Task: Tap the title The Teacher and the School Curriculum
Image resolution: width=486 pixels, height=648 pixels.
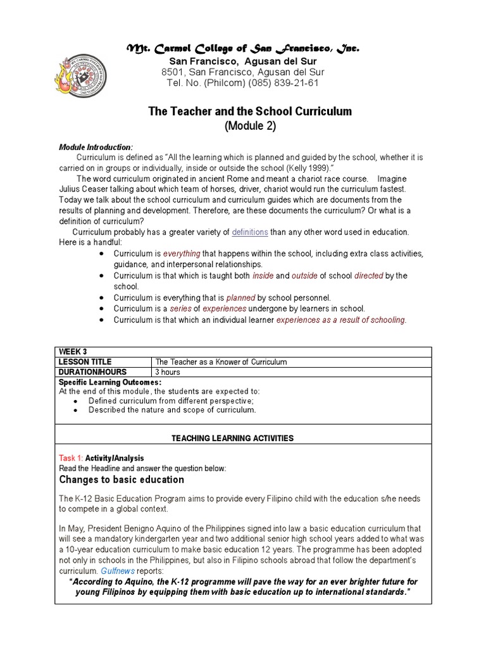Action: click(249, 111)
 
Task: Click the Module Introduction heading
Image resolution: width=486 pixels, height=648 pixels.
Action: click(96, 147)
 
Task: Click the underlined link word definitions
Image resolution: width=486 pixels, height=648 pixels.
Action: click(250, 232)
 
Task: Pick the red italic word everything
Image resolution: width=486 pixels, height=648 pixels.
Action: click(182, 254)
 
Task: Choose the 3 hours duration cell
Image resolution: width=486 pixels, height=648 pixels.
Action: click(168, 372)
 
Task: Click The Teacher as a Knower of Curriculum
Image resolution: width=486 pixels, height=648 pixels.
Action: click(221, 362)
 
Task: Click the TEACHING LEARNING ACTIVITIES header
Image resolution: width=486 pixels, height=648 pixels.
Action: click(233, 438)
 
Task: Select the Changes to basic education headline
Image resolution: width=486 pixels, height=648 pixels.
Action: click(121, 480)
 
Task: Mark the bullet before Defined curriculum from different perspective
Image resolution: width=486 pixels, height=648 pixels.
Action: click(76, 401)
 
